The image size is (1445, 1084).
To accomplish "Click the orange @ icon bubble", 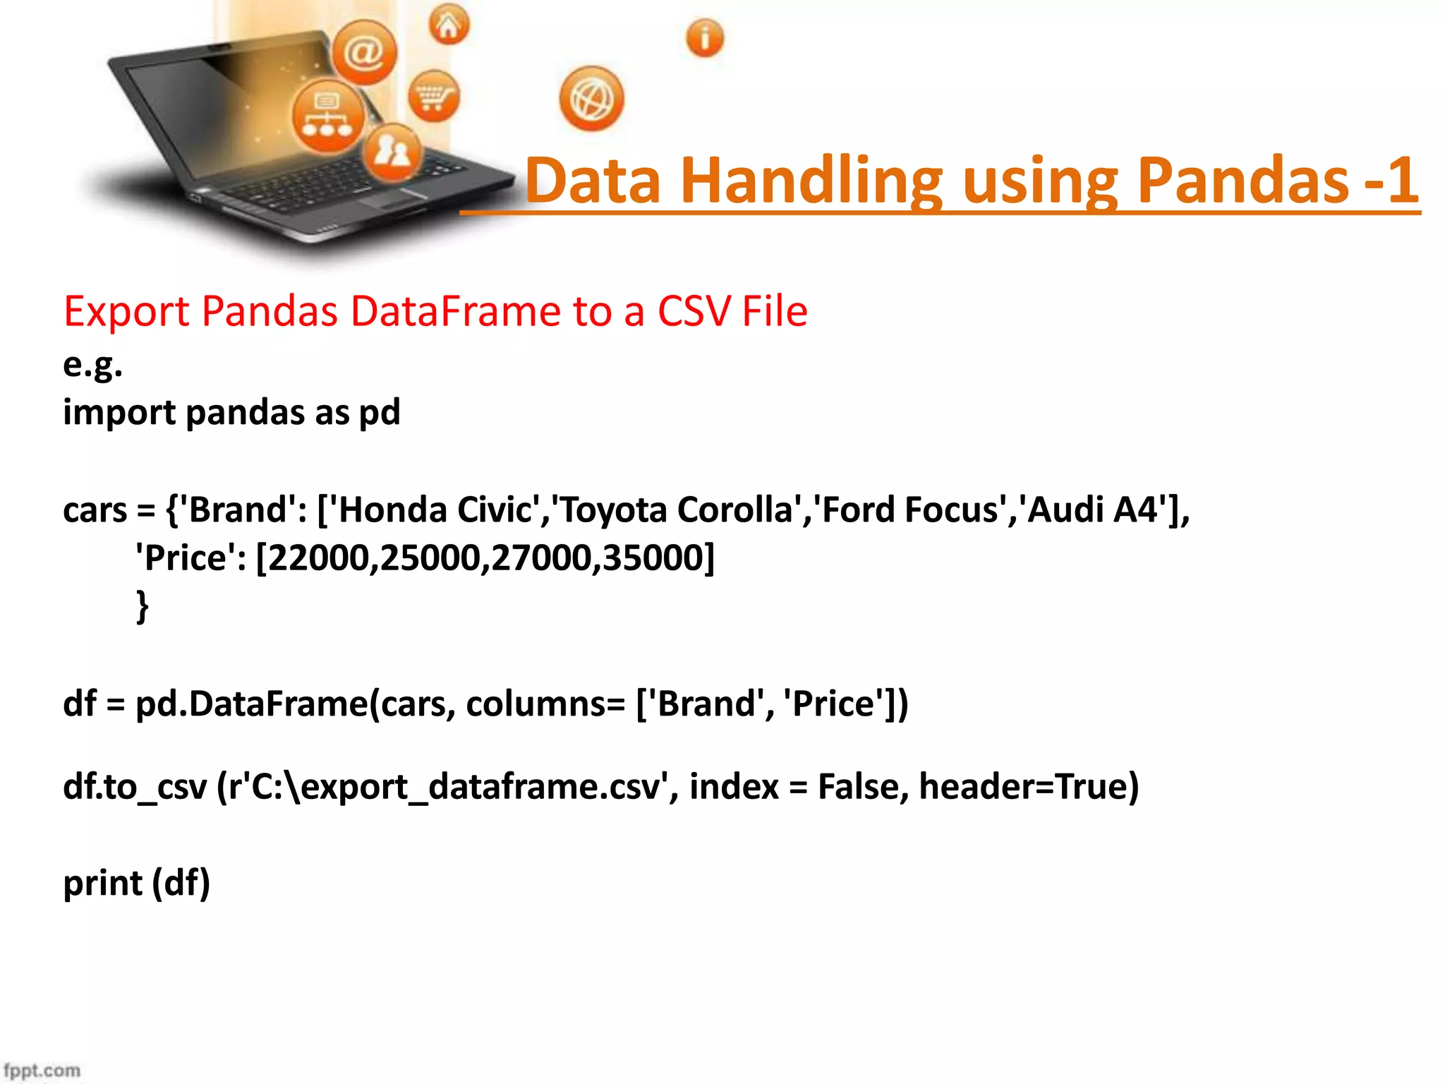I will [x=364, y=52].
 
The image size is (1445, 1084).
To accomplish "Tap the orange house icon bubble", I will [x=449, y=25].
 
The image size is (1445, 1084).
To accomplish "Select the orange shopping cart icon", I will [x=433, y=96].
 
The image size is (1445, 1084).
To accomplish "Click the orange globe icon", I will [x=591, y=99].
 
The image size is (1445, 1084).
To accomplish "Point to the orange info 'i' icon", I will [x=704, y=37].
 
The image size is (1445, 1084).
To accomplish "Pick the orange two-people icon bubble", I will [x=392, y=151].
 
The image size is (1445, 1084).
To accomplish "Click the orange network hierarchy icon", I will [x=327, y=116].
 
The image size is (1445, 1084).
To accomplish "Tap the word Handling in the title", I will [x=811, y=182].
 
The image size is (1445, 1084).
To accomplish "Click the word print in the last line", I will [x=103, y=884].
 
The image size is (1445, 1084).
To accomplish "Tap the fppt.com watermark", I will [x=42, y=1070].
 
